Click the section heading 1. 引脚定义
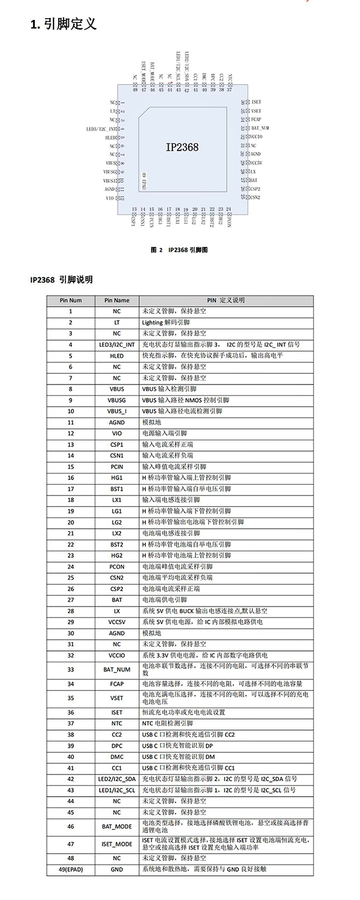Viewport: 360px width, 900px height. pyautogui.click(x=63, y=25)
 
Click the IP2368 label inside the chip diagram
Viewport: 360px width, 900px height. pyautogui.click(x=182, y=147)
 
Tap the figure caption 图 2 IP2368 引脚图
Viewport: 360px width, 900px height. pyautogui.click(x=179, y=250)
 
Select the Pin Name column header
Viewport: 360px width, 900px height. pyautogui.click(x=116, y=300)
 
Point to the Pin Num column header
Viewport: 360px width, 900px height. pyautogui.click(x=70, y=300)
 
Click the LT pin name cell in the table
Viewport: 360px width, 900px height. pyautogui.click(x=116, y=322)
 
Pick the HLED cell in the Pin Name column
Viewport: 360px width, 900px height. pyautogui.click(x=116, y=356)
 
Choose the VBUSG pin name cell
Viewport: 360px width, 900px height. pyautogui.click(x=116, y=400)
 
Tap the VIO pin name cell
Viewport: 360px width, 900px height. pyautogui.click(x=116, y=433)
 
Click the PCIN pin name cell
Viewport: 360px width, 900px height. pyautogui.click(x=116, y=467)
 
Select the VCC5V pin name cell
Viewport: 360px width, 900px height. pyautogui.click(x=116, y=622)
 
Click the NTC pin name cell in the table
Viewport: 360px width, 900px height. pyautogui.click(x=116, y=724)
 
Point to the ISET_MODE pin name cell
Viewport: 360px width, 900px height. pyautogui.click(x=116, y=844)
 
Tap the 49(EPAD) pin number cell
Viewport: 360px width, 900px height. pyautogui.click(x=70, y=869)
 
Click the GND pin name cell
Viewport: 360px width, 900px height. pyautogui.click(x=116, y=869)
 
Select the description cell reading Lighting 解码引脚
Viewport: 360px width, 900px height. pyautogui.click(x=166, y=322)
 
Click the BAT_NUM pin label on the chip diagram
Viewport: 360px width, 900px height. pyautogui.click(x=260, y=128)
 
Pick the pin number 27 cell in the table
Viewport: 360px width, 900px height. pyautogui.click(x=70, y=600)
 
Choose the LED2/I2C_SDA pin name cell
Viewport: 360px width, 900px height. pyautogui.click(x=116, y=779)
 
